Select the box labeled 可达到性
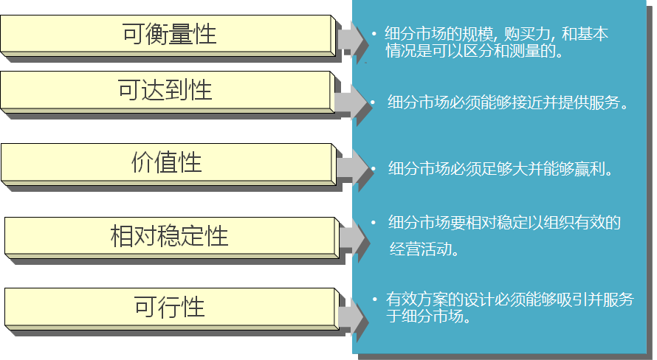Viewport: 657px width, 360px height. (x=165, y=90)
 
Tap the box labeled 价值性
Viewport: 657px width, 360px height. (x=167, y=162)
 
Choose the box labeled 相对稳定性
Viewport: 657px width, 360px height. (x=169, y=235)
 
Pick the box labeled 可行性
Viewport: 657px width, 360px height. (x=169, y=306)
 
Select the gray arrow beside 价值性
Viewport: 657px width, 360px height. (x=353, y=168)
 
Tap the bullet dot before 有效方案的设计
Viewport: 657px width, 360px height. (x=375, y=300)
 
